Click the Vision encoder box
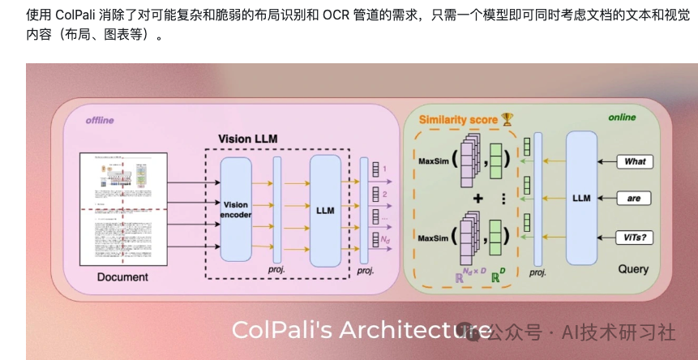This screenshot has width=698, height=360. [x=236, y=209]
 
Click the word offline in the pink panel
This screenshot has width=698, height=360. [x=100, y=121]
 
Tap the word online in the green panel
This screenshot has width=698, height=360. [x=622, y=118]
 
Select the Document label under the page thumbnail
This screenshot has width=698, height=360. [x=122, y=277]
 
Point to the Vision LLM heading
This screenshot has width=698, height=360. [x=247, y=139]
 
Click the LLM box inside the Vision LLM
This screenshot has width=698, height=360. [x=325, y=209]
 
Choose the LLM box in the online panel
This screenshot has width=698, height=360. [x=581, y=198]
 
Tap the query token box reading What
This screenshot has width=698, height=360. [x=635, y=161]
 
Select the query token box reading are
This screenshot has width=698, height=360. [x=634, y=198]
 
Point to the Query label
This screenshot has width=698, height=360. [x=633, y=268]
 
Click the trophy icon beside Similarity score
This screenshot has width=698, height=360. [x=507, y=119]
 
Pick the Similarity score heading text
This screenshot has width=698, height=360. [x=458, y=120]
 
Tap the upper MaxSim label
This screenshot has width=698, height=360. [x=433, y=160]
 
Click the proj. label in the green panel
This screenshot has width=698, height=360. [x=537, y=272]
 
